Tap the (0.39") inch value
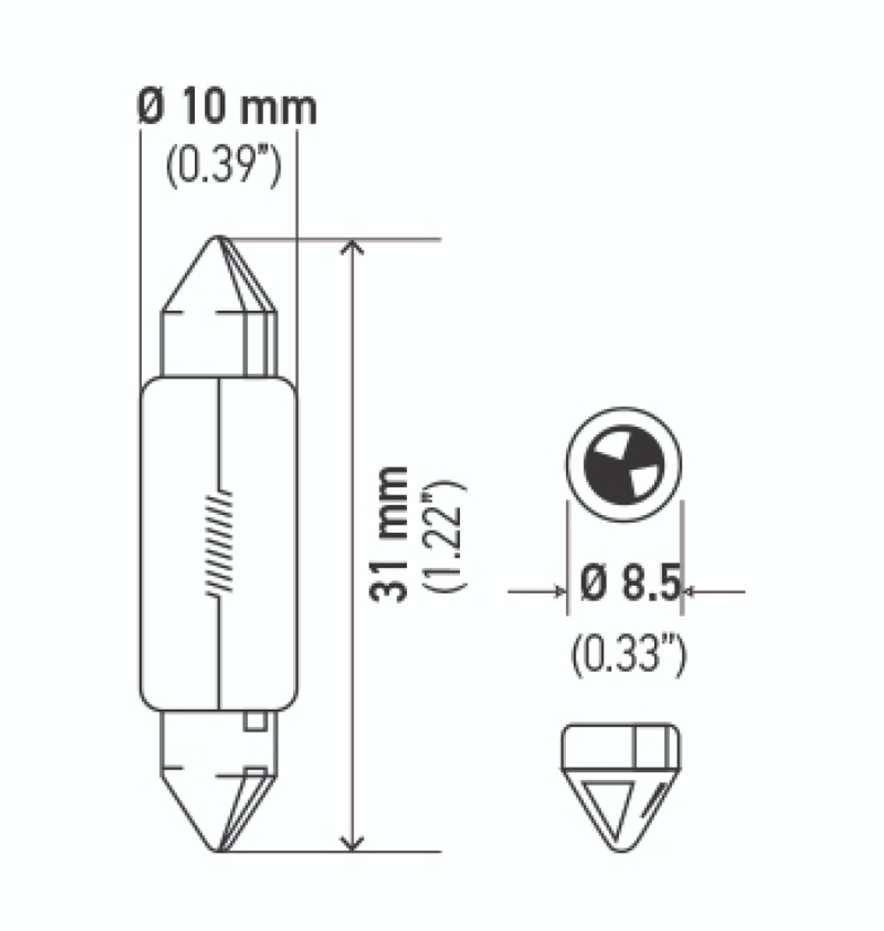coord(223,169)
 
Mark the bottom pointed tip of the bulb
coord(218,850)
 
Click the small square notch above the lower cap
coord(255,722)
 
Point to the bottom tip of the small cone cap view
coord(623,850)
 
